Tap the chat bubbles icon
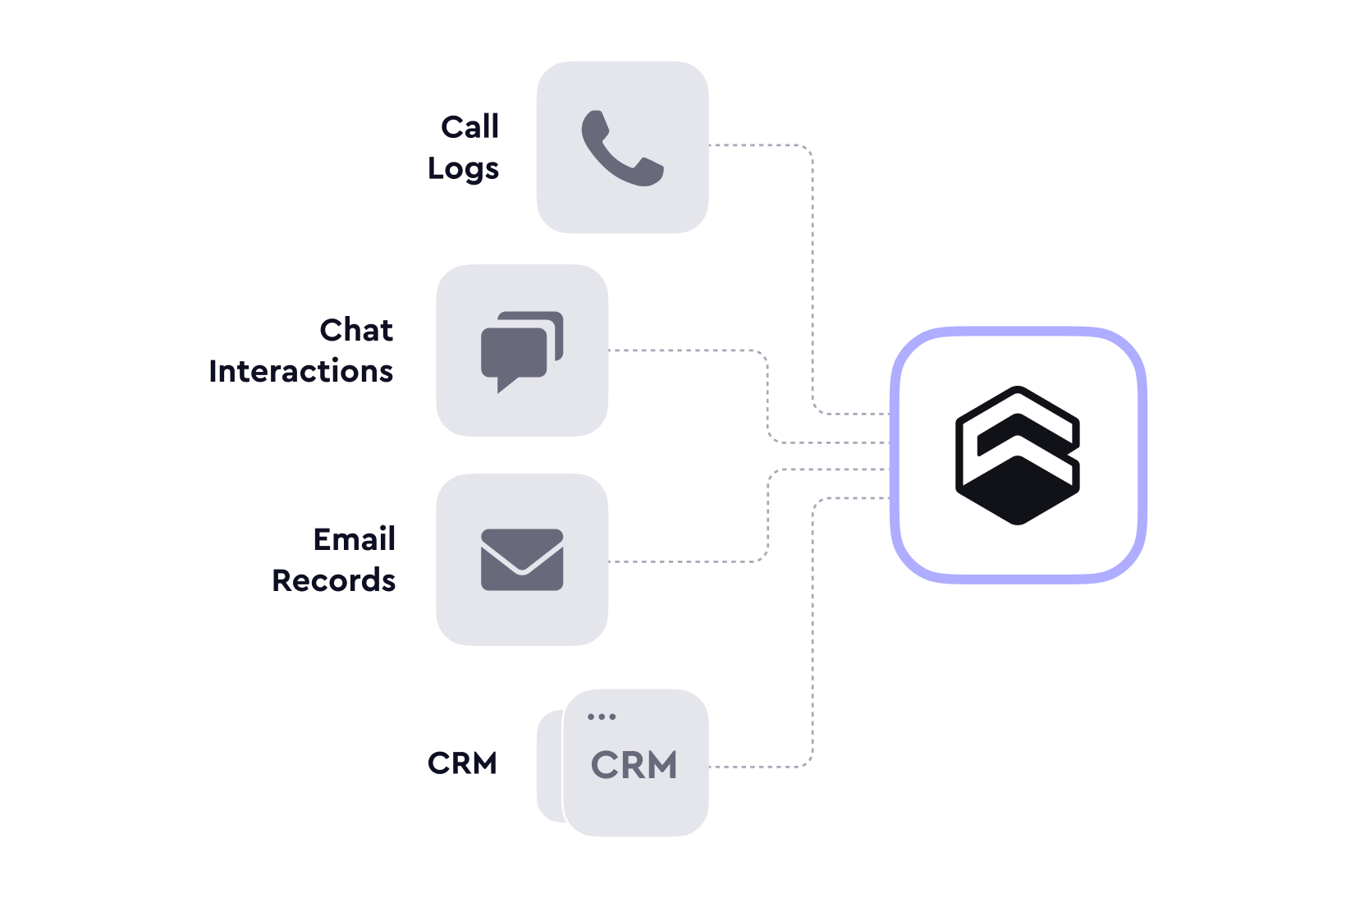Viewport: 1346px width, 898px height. [522, 352]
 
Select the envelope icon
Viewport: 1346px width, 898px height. [522, 560]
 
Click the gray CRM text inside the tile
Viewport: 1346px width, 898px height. [634, 764]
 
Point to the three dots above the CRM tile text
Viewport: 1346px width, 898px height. [602, 717]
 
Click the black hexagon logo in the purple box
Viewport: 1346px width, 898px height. [1018, 455]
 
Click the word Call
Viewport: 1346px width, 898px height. [470, 127]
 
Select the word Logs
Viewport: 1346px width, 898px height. [463, 169]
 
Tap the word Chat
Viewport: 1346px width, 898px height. [356, 330]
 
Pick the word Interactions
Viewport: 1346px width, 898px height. [301, 371]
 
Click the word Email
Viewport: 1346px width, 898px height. [355, 539]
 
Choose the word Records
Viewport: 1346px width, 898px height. [334, 580]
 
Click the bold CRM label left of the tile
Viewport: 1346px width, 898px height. [462, 763]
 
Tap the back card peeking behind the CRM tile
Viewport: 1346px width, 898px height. [549, 766]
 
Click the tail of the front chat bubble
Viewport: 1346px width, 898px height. [506, 385]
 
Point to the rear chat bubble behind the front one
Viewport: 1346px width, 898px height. [556, 328]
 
